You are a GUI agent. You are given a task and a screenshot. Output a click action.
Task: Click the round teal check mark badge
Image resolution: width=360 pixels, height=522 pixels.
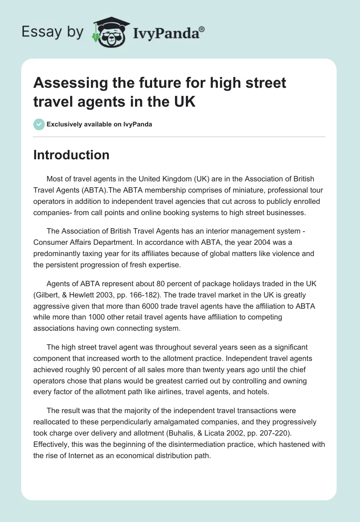pos(39,124)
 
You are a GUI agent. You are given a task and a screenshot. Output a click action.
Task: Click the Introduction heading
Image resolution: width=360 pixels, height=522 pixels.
pos(71,155)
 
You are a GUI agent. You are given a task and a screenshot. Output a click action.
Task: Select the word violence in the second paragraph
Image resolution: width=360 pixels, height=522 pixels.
pos(283,254)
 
